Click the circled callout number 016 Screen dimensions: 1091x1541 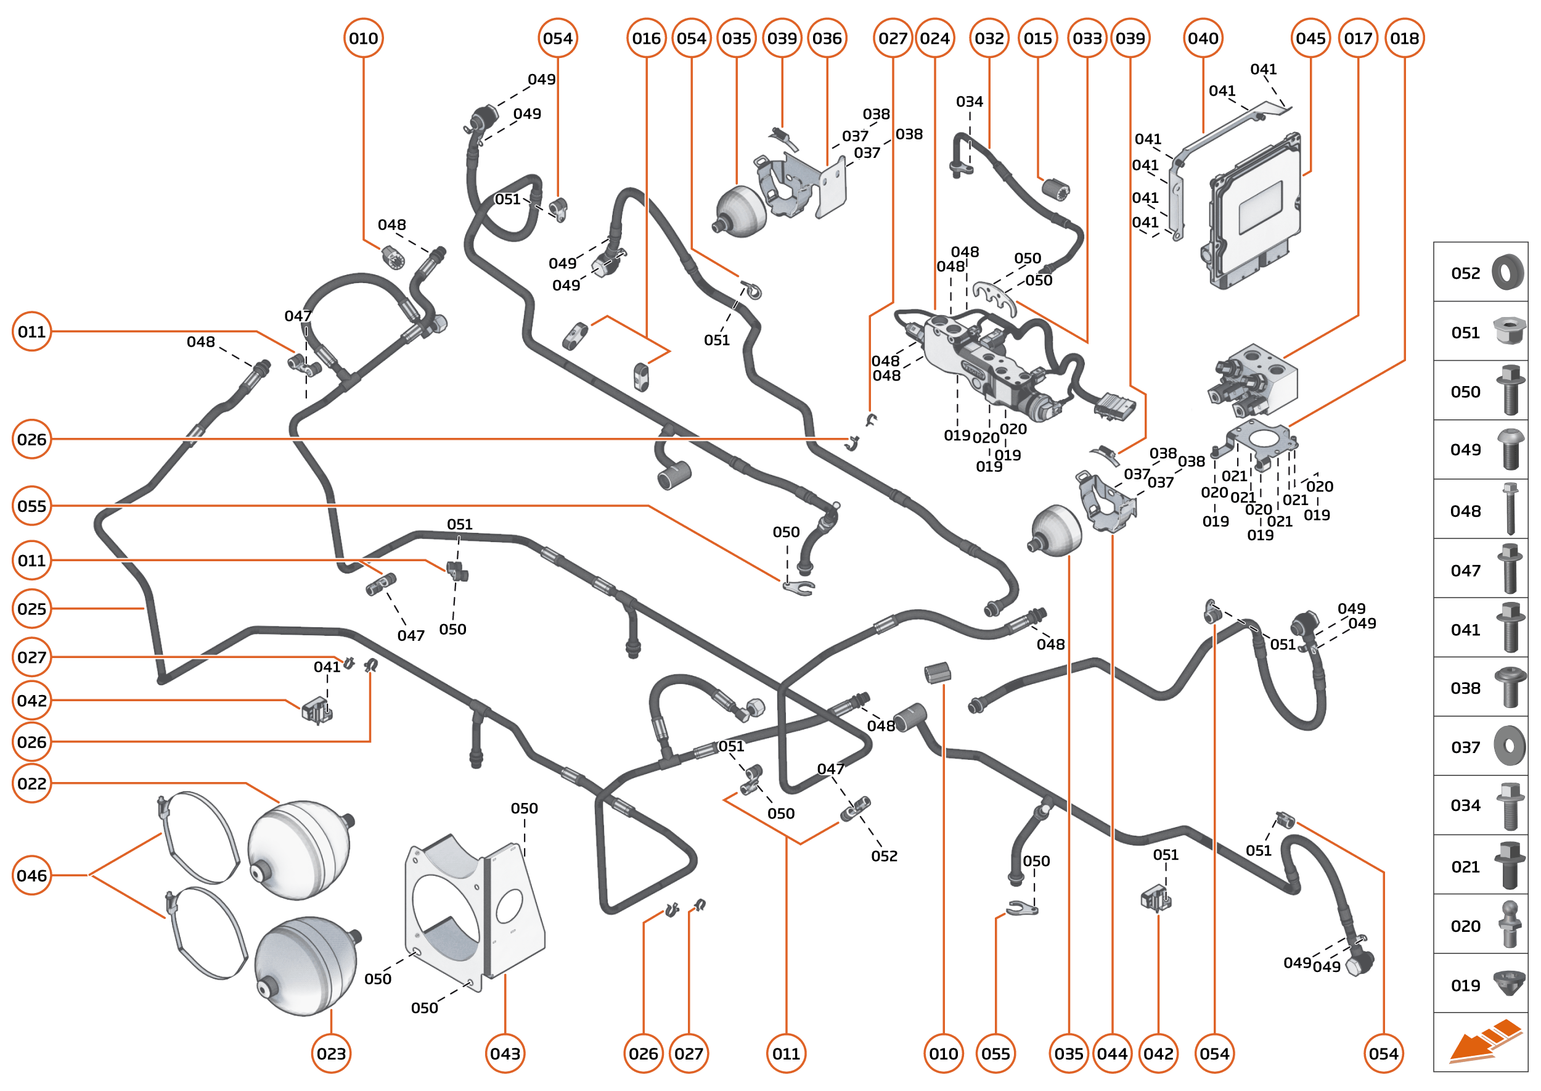[x=646, y=38]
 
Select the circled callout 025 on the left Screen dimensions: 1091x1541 [x=31, y=609]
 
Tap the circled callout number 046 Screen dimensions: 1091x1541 [x=31, y=875]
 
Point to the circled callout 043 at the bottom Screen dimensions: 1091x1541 [x=505, y=1053]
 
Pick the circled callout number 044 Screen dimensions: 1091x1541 [x=1112, y=1053]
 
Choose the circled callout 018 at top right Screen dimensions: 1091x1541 [x=1404, y=38]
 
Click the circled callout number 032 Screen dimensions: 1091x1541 [x=989, y=38]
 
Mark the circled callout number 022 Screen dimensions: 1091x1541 [x=31, y=783]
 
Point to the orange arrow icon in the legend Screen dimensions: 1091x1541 [x=1484, y=1043]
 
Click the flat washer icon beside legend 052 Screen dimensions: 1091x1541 [x=1508, y=273]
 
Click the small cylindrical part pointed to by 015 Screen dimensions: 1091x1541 [x=1055, y=188]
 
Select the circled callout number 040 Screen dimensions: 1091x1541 [x=1203, y=38]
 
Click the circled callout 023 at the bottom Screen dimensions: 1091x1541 [x=331, y=1053]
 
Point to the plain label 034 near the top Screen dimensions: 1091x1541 [x=969, y=101]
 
